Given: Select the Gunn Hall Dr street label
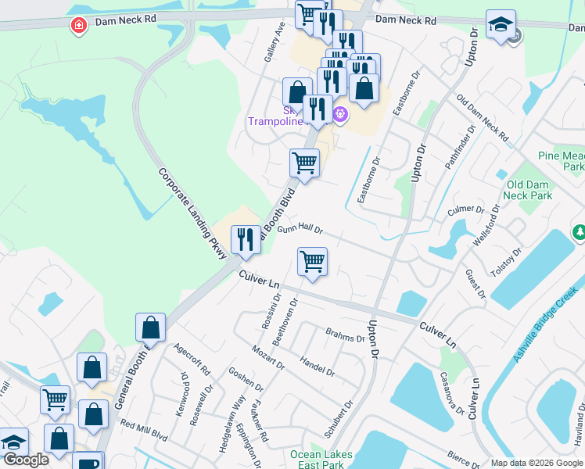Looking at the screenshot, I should (x=300, y=228).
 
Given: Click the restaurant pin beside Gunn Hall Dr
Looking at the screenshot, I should (x=247, y=241).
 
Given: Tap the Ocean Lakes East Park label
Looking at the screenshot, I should (x=321, y=460).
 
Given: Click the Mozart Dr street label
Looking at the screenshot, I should (x=270, y=356).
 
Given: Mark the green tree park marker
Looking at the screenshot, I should (x=578, y=232).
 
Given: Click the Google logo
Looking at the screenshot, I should (x=26, y=460).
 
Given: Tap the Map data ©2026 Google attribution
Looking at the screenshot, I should (x=536, y=463).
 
